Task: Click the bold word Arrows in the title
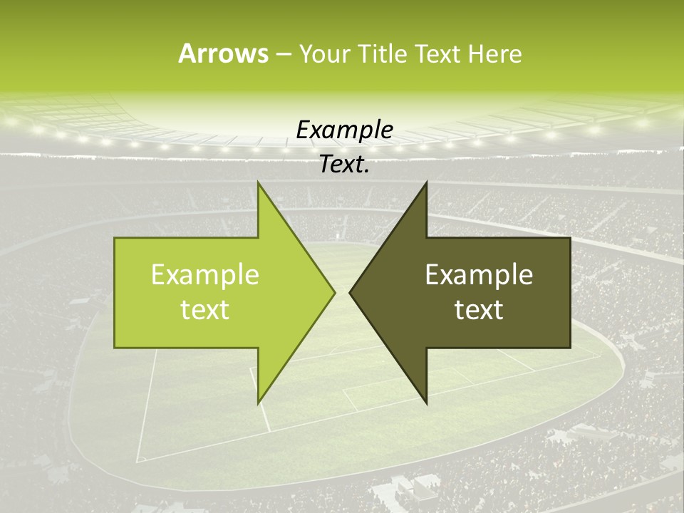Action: pos(223,53)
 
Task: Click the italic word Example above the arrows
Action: pos(345,130)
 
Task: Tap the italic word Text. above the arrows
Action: pos(345,165)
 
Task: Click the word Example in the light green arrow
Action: pos(205,275)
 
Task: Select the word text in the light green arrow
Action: pos(205,309)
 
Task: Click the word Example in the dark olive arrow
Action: pos(479,275)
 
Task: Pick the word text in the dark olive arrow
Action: pos(479,309)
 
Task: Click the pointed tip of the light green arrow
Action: pos(335,292)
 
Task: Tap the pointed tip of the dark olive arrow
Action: pos(350,292)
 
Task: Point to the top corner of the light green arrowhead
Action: pos(258,181)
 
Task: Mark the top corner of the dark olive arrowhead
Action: pos(426,181)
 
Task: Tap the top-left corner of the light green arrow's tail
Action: pos(115,238)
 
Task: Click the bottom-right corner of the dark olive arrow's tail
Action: pos(570,348)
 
